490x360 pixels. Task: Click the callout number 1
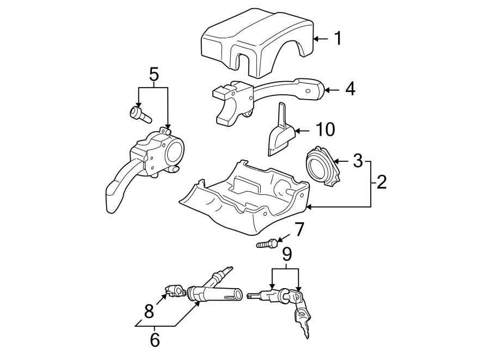338,39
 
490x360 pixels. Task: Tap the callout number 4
350,89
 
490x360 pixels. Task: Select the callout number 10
325,130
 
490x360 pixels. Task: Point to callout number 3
357,161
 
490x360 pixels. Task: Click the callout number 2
381,182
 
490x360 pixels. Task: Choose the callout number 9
286,254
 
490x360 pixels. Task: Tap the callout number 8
149,312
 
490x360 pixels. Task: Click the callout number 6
155,340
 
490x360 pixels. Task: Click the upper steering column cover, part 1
256,41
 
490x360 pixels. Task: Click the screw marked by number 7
266,243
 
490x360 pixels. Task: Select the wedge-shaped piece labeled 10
280,133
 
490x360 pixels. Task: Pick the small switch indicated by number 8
175,291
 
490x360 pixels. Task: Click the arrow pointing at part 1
321,39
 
